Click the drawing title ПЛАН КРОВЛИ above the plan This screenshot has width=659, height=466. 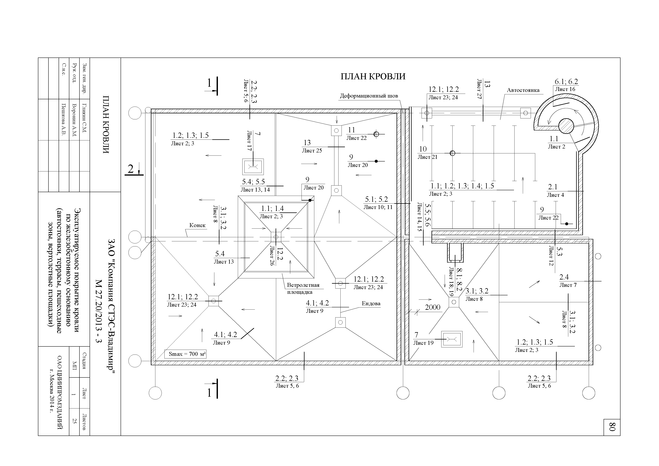tap(373, 76)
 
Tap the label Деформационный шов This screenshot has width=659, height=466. tap(369, 96)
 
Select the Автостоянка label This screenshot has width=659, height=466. tap(523, 90)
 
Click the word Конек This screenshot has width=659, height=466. tap(197, 225)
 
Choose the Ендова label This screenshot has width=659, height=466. tap(371, 303)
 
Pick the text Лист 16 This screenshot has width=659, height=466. tap(565, 89)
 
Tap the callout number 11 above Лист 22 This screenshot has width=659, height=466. tap(352, 130)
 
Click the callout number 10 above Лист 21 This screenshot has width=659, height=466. tap(423, 149)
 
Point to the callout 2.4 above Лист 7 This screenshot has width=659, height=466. tap(564, 277)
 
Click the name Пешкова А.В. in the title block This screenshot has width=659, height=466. tap(64, 119)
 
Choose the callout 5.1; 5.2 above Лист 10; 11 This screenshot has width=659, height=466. tap(376, 199)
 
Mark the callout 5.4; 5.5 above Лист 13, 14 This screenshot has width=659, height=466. tap(253, 182)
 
